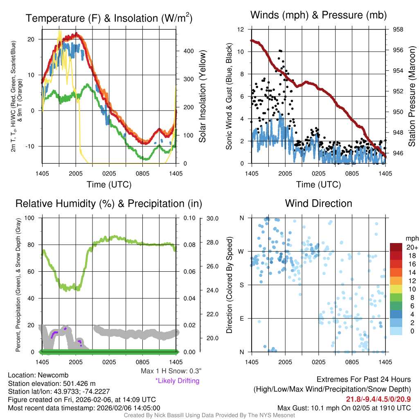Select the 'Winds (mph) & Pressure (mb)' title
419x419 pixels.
(318, 15)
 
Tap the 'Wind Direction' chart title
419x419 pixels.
(318, 203)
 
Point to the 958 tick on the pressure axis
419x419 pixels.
(398, 29)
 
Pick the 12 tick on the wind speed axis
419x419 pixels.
(241, 29)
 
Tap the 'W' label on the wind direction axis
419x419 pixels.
(242, 251)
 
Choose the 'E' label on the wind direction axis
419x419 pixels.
(242, 318)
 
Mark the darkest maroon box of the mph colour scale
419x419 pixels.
(396, 247)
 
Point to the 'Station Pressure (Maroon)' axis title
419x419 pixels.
(412, 97)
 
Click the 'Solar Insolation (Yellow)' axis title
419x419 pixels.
(202, 97)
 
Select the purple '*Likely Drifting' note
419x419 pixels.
(177, 381)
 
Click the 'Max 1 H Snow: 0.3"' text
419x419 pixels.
(171, 371)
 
